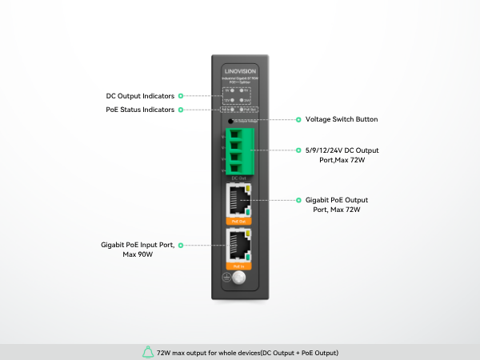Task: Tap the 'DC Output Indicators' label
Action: tap(140, 96)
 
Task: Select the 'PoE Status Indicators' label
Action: tap(140, 110)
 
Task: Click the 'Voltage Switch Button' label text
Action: tap(342, 119)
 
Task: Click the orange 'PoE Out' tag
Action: tap(238, 220)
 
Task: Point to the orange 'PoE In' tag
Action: tap(238, 265)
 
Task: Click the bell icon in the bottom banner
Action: tap(147, 352)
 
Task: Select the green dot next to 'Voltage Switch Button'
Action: tap(298, 119)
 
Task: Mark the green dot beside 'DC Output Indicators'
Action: tap(181, 96)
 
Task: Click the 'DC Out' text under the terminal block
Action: tap(238, 178)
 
